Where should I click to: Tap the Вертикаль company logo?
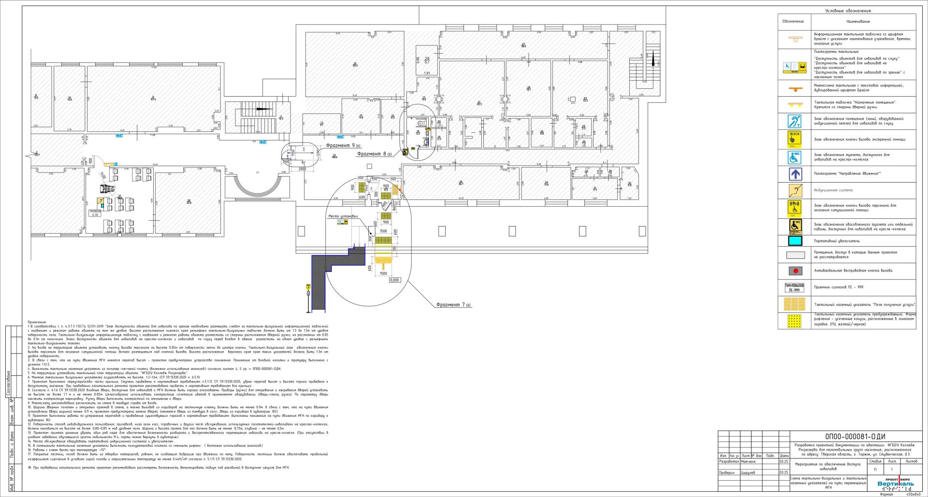pyautogui.click(x=895, y=483)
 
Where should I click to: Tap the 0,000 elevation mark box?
pyautogui.click(x=395, y=280)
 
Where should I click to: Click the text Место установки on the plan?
pyautogui.click(x=343, y=216)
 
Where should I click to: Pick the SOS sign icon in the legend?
pyautogui.click(x=795, y=139)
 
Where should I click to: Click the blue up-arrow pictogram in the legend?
pyautogui.click(x=795, y=174)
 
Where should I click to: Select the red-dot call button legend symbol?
pyautogui.click(x=795, y=271)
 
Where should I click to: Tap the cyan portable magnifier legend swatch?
pyautogui.click(x=795, y=241)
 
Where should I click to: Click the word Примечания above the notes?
pyautogui.click(x=37, y=322)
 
